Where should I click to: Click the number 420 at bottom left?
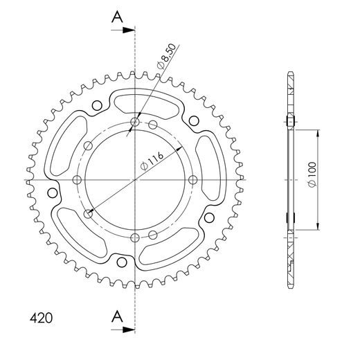coord(41,320)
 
